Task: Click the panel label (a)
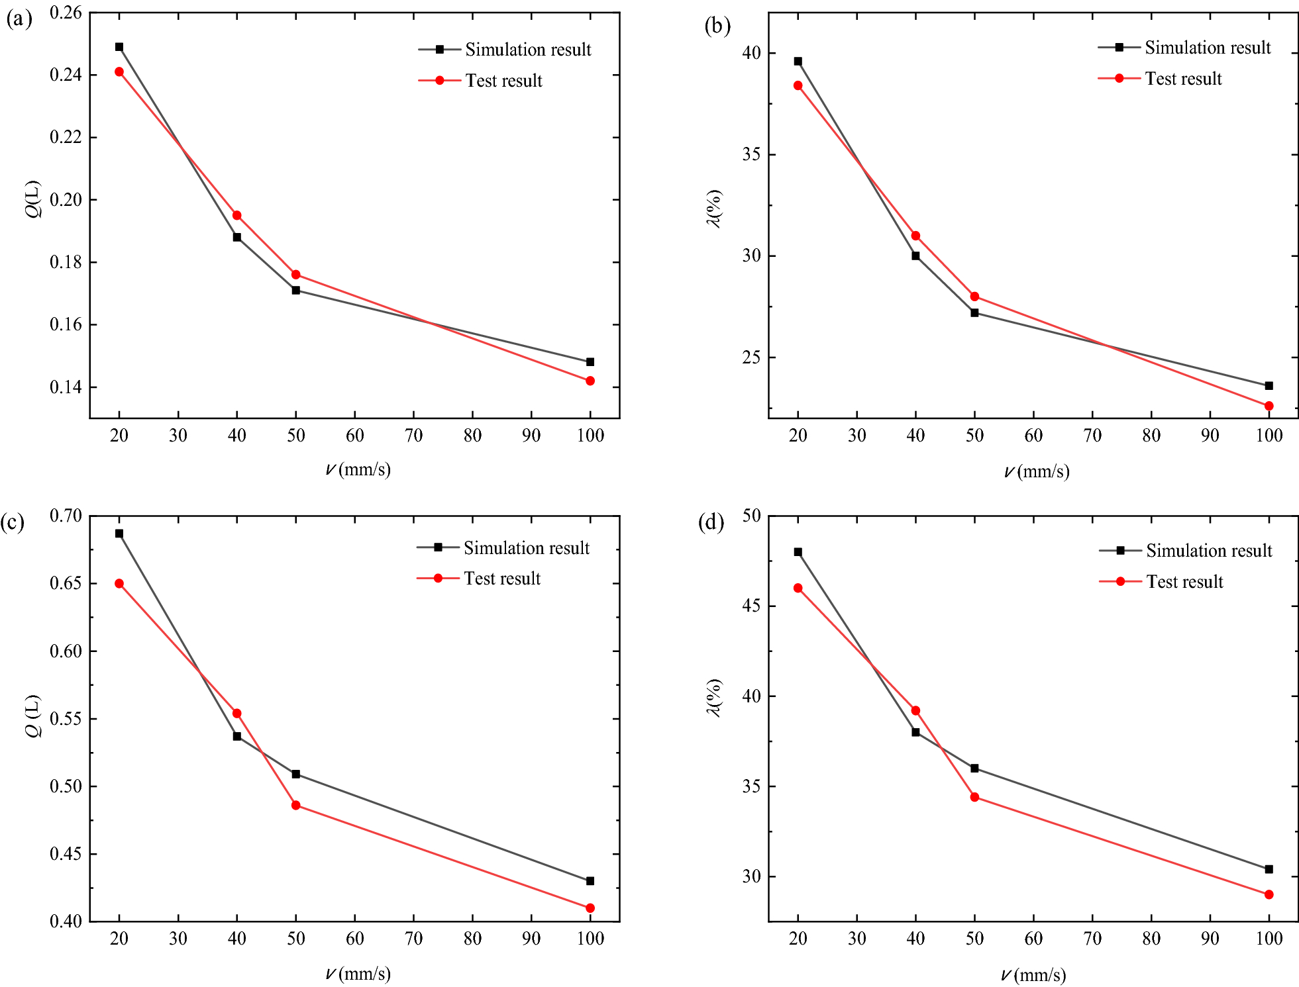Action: [x=19, y=19]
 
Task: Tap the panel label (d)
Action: [x=711, y=522]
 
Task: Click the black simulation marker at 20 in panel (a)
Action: [x=119, y=47]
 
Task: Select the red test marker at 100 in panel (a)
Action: [x=590, y=381]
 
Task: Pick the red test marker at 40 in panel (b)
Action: [x=915, y=236]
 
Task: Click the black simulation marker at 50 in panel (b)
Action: [x=974, y=312]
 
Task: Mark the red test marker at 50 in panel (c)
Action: [x=296, y=805]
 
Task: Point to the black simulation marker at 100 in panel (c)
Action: [x=590, y=881]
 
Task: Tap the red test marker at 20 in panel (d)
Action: [x=798, y=588]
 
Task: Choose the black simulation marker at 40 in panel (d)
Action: [x=915, y=732]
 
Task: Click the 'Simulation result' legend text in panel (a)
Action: [x=528, y=50]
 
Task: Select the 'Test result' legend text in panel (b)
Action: [x=1183, y=79]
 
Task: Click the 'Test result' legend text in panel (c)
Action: [x=502, y=579]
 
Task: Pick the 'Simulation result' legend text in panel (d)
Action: [x=1209, y=551]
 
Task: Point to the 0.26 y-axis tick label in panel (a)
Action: [x=66, y=13]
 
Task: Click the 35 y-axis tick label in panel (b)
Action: [x=751, y=154]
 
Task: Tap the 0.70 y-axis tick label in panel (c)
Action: [x=66, y=516]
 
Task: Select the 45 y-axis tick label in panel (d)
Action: [x=751, y=606]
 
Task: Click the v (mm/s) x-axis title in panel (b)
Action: [x=1036, y=471]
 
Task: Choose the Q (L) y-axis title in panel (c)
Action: [x=33, y=716]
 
